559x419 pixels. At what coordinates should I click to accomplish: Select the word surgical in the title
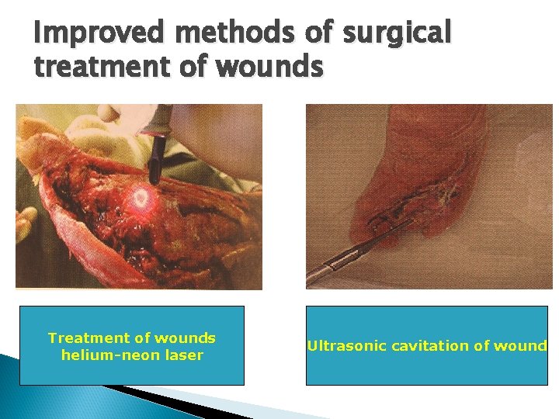pyautogui.click(x=396, y=33)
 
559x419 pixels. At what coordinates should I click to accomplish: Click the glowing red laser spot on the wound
pyautogui.click(x=141, y=198)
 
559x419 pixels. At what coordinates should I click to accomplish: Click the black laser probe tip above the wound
pyautogui.click(x=154, y=159)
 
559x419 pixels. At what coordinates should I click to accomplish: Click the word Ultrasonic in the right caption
pyautogui.click(x=342, y=346)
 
